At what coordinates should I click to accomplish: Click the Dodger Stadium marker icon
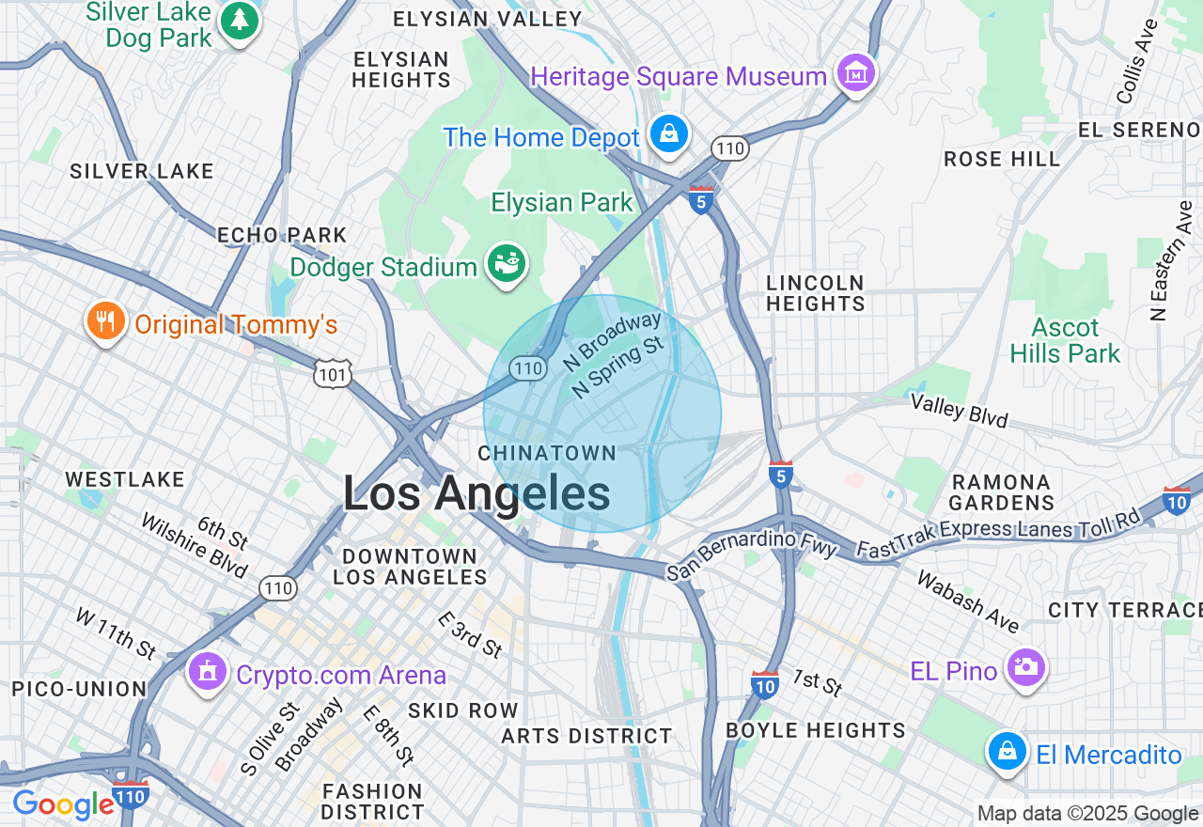507,265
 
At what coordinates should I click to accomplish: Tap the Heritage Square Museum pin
855,73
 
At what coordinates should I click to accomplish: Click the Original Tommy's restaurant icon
106,322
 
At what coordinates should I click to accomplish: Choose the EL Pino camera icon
1025,668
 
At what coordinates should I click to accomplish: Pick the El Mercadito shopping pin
1007,752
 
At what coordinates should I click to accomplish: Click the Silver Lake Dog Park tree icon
239,21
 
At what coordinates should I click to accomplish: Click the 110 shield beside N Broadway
529,368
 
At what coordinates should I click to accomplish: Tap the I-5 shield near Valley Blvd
780,476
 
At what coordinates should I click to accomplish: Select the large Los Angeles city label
476,494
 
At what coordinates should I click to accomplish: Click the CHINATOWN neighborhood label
547,454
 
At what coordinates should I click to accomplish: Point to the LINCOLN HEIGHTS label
815,293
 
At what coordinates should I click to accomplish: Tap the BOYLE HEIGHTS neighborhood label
815,730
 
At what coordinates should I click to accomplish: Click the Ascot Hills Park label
1065,340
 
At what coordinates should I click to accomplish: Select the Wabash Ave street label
968,601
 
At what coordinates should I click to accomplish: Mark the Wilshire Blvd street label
194,545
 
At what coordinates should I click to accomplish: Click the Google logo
63,805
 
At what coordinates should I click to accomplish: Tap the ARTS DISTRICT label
586,736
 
